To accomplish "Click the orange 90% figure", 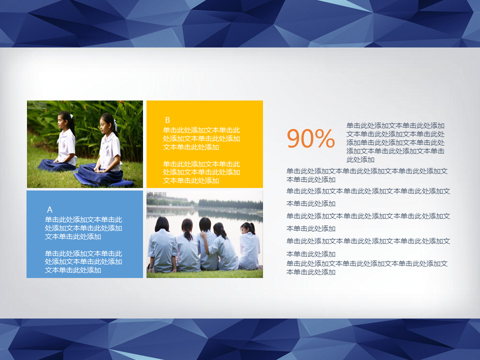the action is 310,138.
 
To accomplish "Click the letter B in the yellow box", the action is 167,120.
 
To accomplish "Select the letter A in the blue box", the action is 49,209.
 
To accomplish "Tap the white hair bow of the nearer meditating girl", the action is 115,124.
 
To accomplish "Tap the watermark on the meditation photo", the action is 37,105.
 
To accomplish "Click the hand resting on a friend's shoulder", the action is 203,235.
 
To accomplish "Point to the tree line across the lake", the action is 230,204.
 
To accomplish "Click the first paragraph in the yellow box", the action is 201,138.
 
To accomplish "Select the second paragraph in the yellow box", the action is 201,172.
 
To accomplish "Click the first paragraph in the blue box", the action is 83,228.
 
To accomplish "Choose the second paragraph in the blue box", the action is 83,261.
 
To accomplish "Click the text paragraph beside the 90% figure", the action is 395,142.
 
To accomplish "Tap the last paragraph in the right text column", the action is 367,267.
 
